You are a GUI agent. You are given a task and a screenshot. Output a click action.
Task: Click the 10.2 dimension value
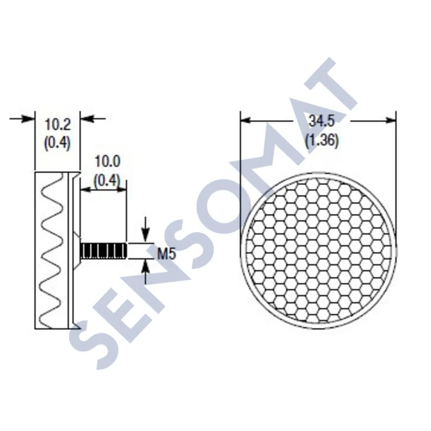(57, 126)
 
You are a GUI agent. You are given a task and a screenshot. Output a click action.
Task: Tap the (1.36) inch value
(322, 141)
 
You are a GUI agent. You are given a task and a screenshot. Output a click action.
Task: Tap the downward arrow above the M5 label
(145, 233)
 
